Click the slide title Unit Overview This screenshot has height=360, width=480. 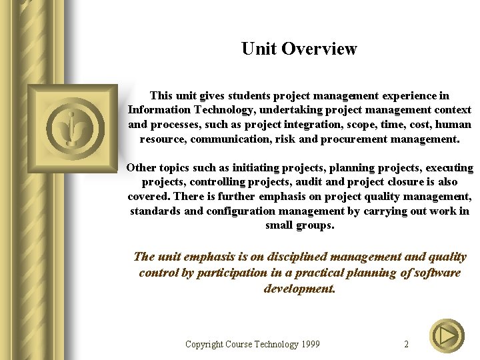[x=299, y=49]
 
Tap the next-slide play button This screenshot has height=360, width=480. [x=447, y=337]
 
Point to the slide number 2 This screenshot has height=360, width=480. [x=407, y=345]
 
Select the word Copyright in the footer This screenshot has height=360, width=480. [x=205, y=345]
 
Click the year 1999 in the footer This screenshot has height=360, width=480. [x=309, y=345]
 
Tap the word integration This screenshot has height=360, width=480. [x=313, y=125]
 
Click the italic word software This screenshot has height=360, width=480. [x=437, y=273]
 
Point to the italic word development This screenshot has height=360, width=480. [x=299, y=289]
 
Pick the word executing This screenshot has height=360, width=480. [x=443, y=167]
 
